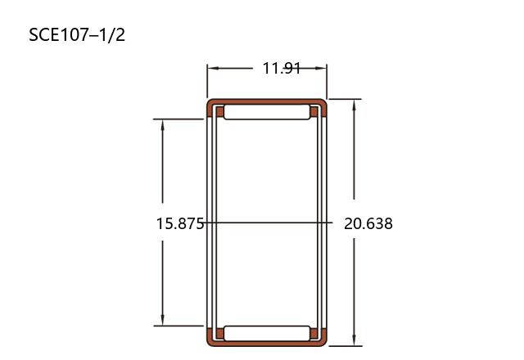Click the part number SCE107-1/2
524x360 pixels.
point(77,35)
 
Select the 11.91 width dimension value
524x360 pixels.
point(282,68)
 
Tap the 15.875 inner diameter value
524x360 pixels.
point(180,223)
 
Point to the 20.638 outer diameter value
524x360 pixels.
point(368,223)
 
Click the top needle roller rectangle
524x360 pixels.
point(267,112)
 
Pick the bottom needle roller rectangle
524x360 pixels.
point(267,333)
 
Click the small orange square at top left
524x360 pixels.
point(219,111)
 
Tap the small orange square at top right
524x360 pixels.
point(314,111)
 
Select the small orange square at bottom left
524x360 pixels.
point(219,333)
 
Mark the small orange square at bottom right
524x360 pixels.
point(314,333)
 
